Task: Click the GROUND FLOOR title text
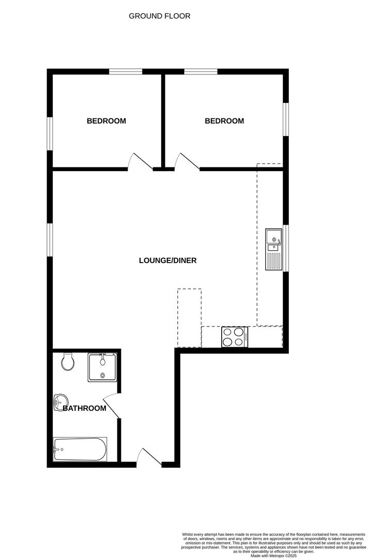pyautogui.click(x=159, y=16)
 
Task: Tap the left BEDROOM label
pyautogui.click(x=106, y=121)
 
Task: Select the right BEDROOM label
pyautogui.click(x=224, y=121)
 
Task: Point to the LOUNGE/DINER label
pyautogui.click(x=167, y=260)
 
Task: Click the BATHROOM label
pyautogui.click(x=85, y=408)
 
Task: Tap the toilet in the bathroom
pyautogui.click(x=67, y=362)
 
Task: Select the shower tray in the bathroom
pyautogui.click(x=102, y=367)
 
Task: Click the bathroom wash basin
pyautogui.click(x=60, y=401)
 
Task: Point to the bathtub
pyautogui.click(x=80, y=450)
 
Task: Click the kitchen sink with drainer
pyautogui.click(x=273, y=249)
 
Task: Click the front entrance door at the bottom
pyautogui.click(x=149, y=458)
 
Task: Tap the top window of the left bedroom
pyautogui.click(x=125, y=72)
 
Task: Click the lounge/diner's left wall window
pyautogui.click(x=50, y=239)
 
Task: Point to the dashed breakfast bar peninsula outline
pyautogui.click(x=189, y=318)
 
